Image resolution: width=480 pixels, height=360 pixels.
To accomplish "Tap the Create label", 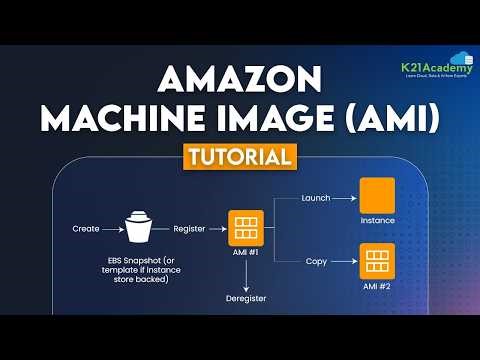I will (86, 229).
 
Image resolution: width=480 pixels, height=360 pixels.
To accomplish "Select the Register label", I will (190, 229).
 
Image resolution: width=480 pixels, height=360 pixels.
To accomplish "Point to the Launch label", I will (315, 198).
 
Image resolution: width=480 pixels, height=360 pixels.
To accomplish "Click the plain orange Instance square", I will (378, 194).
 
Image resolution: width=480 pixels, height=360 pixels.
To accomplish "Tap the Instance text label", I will (378, 221).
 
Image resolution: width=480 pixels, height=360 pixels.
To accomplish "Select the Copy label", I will (315, 261).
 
